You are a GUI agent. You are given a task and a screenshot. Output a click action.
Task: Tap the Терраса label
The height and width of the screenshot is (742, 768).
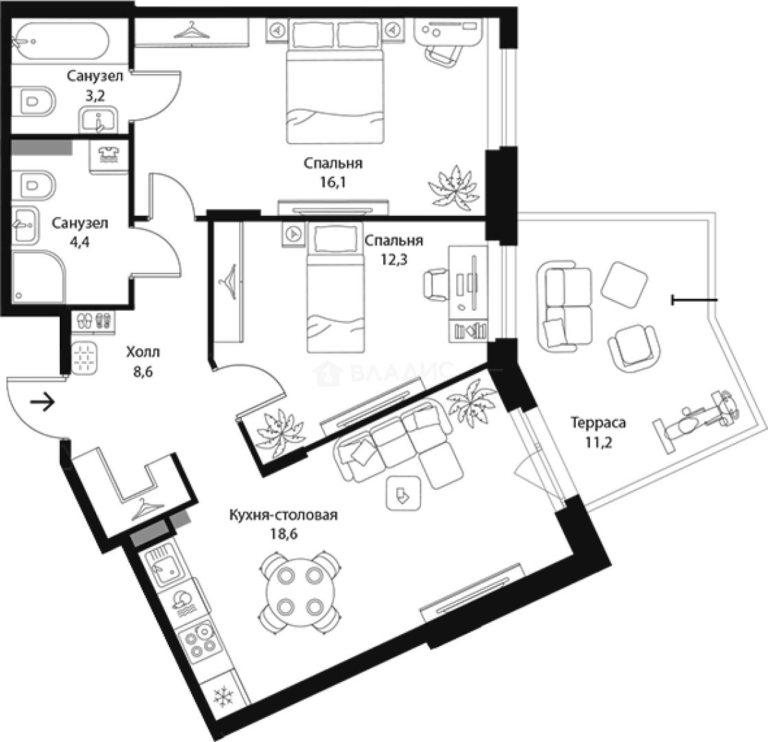click(598, 422)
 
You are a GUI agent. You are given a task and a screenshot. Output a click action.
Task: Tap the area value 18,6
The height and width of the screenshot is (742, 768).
click(284, 533)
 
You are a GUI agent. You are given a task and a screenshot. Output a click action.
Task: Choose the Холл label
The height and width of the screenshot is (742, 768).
click(142, 352)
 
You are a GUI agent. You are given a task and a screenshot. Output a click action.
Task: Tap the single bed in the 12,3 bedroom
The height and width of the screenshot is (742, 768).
click(335, 288)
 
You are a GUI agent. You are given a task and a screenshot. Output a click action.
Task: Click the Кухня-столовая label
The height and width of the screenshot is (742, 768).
click(283, 515)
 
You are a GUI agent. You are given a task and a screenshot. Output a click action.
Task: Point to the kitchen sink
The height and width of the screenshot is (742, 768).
click(163, 567)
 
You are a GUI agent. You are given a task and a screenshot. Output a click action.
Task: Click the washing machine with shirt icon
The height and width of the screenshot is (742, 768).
click(109, 156)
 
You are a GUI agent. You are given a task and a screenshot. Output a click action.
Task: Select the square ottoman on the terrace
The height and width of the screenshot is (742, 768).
click(624, 284)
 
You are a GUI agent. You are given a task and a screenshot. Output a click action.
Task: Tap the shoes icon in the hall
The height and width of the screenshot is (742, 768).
click(93, 322)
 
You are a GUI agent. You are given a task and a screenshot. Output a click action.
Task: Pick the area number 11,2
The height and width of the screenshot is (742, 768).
click(598, 442)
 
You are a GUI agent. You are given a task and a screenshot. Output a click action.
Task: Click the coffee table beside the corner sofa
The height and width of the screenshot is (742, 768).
click(403, 493)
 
